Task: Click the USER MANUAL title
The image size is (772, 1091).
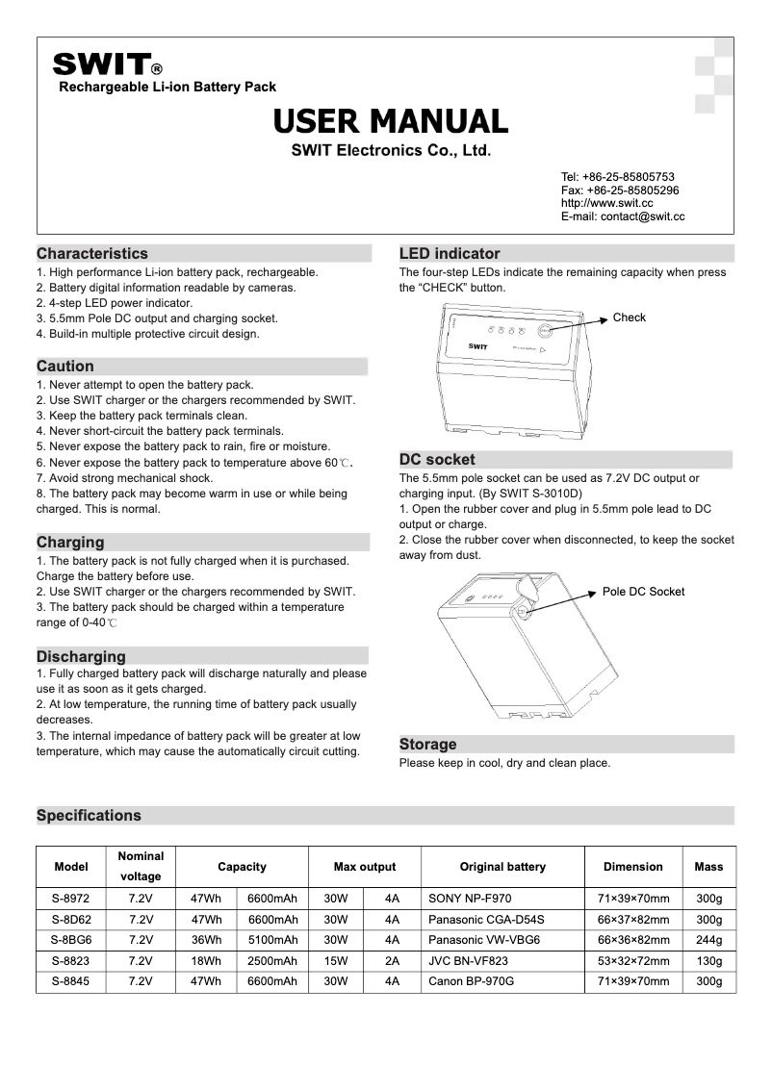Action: tap(391, 121)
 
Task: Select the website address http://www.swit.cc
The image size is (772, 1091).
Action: tap(606, 204)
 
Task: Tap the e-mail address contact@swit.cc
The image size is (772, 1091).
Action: tap(623, 218)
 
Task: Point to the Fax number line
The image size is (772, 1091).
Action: tap(620, 190)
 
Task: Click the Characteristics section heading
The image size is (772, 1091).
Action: tap(92, 254)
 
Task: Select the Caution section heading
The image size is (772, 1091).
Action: tap(65, 367)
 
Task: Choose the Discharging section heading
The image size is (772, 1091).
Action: tap(81, 657)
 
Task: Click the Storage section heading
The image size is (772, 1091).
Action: tap(428, 745)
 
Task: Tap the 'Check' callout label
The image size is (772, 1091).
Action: tap(630, 317)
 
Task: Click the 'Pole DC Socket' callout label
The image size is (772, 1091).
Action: tap(643, 592)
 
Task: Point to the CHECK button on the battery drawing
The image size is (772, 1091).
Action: tap(544, 330)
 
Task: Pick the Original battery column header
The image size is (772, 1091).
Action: tap(502, 867)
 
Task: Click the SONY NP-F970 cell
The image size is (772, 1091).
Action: tap(470, 899)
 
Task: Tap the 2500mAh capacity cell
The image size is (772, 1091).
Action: tap(272, 960)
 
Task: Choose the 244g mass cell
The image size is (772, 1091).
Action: tap(708, 939)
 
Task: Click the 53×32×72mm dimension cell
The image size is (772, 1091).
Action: tap(632, 960)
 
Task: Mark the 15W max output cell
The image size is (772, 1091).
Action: tap(336, 960)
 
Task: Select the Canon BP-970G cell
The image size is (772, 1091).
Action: tap(472, 981)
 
